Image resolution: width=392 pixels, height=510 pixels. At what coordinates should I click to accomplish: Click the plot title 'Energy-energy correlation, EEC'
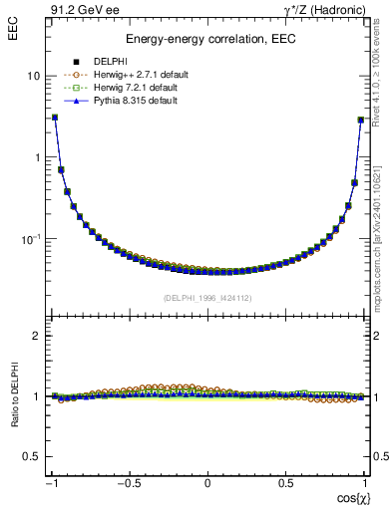point(207,40)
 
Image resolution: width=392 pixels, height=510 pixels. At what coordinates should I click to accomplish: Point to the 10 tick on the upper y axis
point(33,76)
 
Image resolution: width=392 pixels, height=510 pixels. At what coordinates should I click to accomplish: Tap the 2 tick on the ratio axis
point(36,336)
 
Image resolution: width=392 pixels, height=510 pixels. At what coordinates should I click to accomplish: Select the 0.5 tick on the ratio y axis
point(31,456)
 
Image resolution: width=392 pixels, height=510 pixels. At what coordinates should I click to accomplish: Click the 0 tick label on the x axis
point(207,483)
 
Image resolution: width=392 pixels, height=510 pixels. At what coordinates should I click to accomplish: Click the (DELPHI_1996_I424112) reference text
point(207,297)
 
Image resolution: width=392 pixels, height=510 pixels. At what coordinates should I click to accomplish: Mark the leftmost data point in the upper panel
point(54,118)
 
